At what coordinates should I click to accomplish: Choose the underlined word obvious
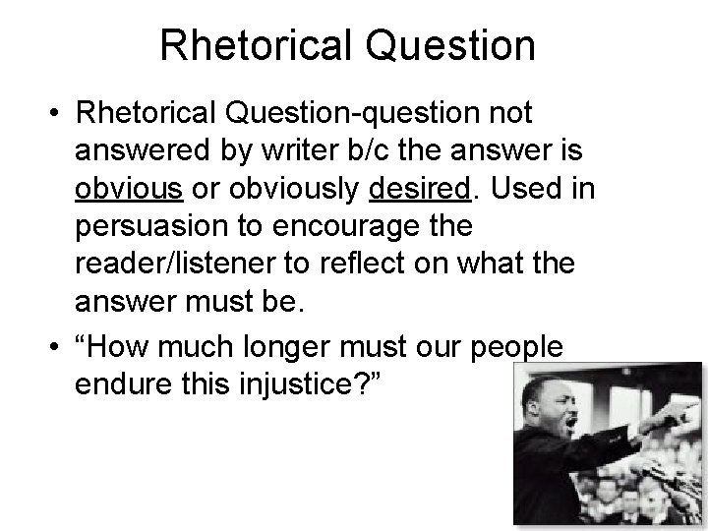(x=124, y=189)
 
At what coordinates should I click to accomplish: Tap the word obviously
(x=252, y=189)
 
